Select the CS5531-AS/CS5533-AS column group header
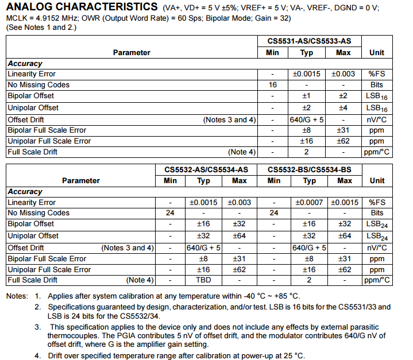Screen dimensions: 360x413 310,41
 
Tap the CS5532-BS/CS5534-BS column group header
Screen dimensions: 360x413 309,169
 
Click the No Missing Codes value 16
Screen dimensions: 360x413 273,85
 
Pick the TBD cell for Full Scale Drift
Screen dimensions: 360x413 204,280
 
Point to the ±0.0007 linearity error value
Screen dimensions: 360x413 310,203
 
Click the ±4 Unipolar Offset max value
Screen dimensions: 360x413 343,107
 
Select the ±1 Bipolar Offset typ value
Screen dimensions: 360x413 306,96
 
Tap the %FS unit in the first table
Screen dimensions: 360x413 377,74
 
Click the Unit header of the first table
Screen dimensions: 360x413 377,52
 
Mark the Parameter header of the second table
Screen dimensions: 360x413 81,180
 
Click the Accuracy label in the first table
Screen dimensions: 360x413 25,64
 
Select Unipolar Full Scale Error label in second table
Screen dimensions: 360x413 49,269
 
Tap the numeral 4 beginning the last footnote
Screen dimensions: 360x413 36,356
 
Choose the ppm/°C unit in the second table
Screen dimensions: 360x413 377,280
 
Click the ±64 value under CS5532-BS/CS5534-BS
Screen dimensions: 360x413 345,236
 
